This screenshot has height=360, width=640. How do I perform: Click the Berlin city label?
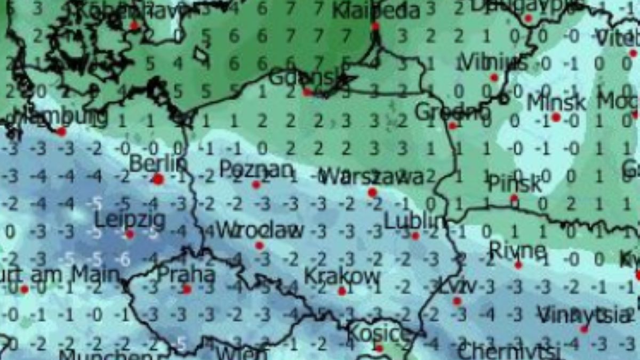[158, 164]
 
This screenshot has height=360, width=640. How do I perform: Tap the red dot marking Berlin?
[158, 179]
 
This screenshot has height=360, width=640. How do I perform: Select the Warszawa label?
[373, 177]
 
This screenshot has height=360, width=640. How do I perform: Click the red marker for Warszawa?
[372, 192]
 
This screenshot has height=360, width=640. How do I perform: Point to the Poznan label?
[256, 170]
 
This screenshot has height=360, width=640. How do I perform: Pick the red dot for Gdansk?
[308, 92]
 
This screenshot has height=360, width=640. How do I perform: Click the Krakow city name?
[342, 276]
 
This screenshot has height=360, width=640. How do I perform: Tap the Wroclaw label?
[260, 230]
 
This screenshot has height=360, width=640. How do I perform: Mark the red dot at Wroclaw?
[260, 245]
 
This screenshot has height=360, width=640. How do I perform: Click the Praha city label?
[186, 275]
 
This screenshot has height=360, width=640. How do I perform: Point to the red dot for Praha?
[187, 289]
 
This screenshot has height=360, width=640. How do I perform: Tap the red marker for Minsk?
[556, 117]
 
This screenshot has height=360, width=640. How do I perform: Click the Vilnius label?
[494, 63]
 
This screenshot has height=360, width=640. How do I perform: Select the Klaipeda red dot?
[375, 26]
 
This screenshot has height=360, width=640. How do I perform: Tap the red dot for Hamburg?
[62, 131]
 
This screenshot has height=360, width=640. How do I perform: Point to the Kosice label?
[379, 334]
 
